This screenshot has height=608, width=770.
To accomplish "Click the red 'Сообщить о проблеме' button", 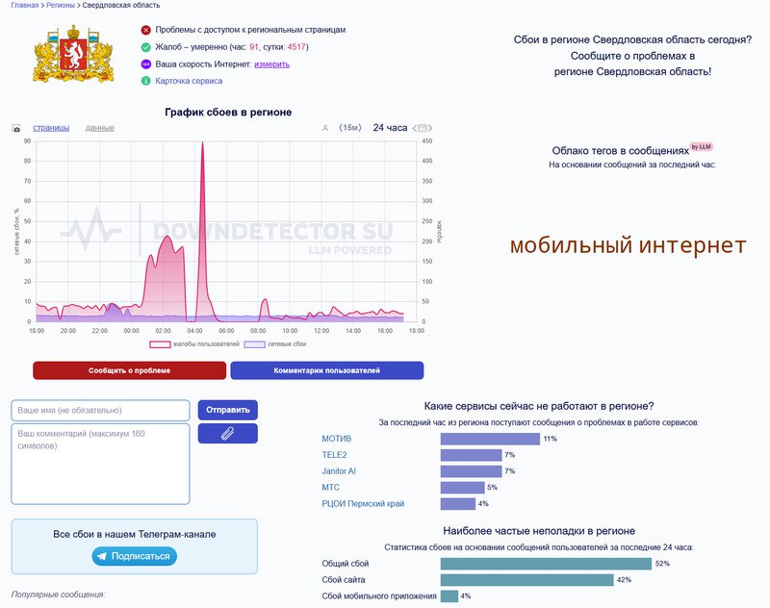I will coord(129,370).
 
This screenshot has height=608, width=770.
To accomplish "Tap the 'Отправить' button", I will coord(227,410).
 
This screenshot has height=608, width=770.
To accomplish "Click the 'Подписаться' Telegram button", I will coord(134,556).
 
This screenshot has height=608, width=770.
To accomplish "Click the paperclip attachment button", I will coord(227,433).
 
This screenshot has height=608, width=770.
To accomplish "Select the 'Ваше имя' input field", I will coord(100,410).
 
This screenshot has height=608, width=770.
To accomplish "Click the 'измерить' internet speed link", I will coord(271,64).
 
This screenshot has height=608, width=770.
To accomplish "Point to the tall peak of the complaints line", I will coord(202,143).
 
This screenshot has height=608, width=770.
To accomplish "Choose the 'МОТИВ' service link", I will coord(337,439).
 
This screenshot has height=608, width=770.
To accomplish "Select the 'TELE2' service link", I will coord(334,455).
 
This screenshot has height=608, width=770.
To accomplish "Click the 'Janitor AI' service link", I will coord(339,471).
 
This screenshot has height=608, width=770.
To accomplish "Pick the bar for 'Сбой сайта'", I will coord(526,580).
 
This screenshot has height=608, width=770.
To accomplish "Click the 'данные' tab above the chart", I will coord(100,128).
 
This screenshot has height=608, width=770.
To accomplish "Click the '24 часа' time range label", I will coord(390,128).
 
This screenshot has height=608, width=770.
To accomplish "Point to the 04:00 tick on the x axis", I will coord(193,331).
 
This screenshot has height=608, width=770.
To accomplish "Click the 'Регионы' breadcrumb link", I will coord(61,6).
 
